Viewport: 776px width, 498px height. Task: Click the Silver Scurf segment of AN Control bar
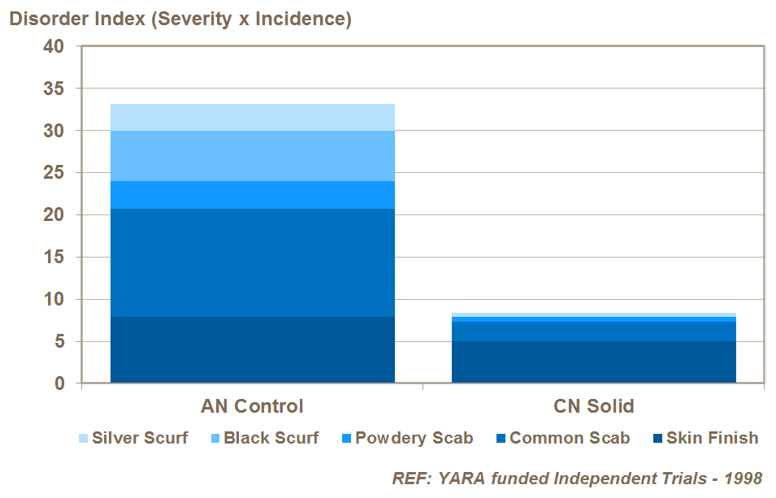tap(252, 117)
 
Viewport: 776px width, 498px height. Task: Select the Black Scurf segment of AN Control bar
tap(252, 155)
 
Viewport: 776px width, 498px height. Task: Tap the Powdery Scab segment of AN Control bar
tap(252, 195)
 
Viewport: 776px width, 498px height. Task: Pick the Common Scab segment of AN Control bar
tap(252, 262)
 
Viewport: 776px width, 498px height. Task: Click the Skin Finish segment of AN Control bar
tap(252, 349)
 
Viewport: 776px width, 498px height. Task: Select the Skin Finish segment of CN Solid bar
tap(593, 362)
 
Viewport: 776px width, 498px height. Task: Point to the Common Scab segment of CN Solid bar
tap(593, 331)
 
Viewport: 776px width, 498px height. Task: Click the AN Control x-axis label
tap(252, 406)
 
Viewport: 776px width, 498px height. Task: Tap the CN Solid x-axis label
tap(593, 406)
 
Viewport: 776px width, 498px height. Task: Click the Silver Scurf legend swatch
tap(84, 439)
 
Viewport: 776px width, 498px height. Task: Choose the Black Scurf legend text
tap(271, 439)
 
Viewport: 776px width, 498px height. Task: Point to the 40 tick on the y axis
tap(54, 46)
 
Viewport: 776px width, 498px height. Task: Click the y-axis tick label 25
tap(54, 173)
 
